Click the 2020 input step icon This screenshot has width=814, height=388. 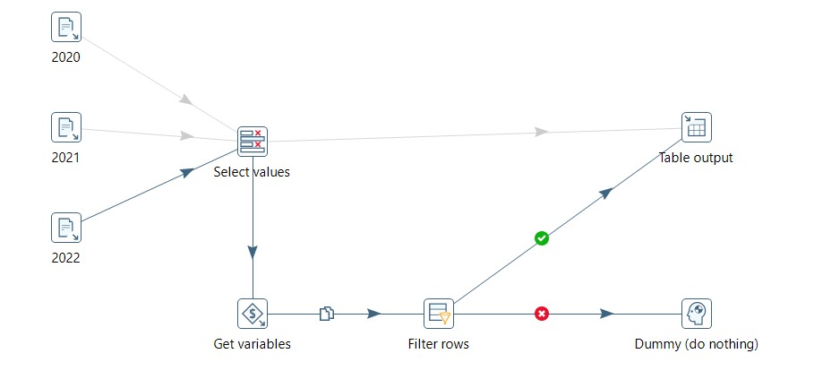click(66, 27)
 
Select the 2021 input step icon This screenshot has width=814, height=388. click(66, 127)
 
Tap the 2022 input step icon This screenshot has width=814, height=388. click(66, 228)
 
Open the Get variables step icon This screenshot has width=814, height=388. click(253, 314)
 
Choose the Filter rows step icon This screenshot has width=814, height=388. click(439, 314)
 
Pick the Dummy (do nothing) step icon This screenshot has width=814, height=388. click(696, 314)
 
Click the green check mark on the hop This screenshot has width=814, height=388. click(542, 238)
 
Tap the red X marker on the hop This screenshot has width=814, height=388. click(542, 314)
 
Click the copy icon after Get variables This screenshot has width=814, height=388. click(327, 314)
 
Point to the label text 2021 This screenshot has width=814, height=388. click(66, 158)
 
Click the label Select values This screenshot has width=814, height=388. click(252, 172)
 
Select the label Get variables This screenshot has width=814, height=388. click(252, 343)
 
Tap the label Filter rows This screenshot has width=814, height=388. click(439, 343)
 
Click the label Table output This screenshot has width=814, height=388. click(696, 158)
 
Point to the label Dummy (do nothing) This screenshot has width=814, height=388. click(696, 343)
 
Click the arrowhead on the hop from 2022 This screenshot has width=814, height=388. click(187, 172)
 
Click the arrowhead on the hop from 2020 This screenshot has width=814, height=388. click(186, 99)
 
